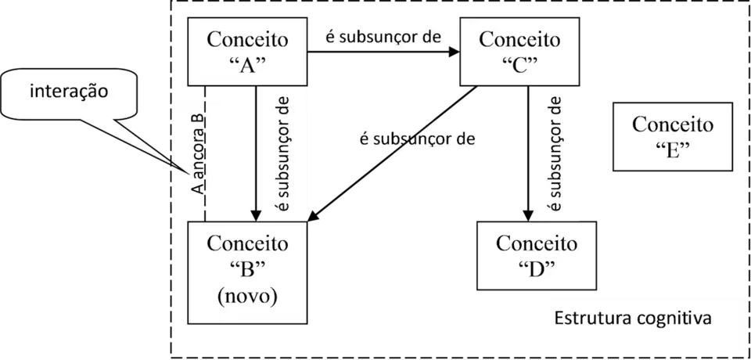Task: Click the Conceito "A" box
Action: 247,51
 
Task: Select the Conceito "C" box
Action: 519,51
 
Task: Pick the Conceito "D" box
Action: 537,254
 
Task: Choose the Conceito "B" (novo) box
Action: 247,270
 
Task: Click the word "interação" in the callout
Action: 68,92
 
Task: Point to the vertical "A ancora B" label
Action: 198,154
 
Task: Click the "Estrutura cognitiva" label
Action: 631,319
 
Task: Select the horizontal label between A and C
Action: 383,37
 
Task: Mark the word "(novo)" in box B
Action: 247,297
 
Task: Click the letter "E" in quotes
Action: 673,149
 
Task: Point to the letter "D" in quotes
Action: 537,267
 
